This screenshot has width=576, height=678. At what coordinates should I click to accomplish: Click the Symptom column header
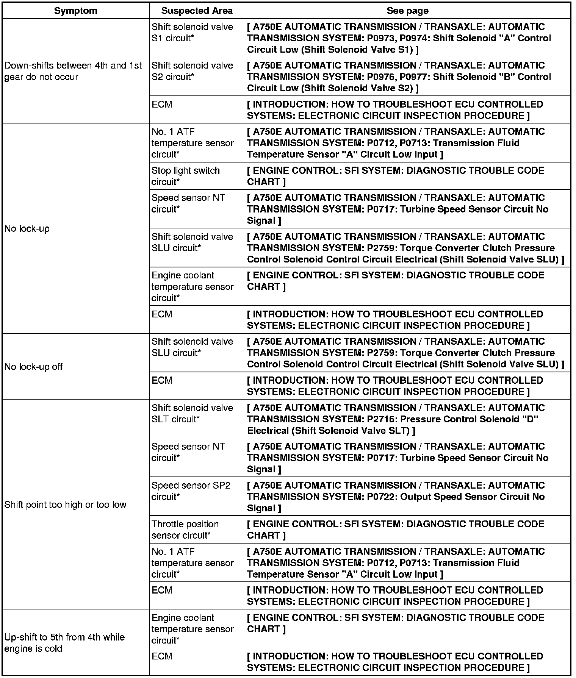pos(75,11)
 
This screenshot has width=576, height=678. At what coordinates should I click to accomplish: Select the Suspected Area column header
pos(197,11)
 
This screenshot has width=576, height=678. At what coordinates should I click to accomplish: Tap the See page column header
pos(407,11)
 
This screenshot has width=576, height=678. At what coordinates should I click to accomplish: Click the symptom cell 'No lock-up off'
pos(34,366)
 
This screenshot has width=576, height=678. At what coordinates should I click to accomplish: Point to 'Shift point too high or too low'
pos(65,504)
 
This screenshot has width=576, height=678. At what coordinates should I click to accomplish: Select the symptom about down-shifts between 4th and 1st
pos(73,71)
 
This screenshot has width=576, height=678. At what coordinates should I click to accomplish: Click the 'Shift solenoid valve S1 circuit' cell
pos(192,33)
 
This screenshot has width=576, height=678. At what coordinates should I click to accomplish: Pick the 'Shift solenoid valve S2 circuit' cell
pos(192,71)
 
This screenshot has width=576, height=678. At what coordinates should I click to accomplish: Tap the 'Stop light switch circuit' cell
pos(186,176)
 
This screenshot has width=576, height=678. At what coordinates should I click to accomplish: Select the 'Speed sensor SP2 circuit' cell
pos(191,491)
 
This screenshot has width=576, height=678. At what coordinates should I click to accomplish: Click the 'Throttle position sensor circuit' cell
pos(185,529)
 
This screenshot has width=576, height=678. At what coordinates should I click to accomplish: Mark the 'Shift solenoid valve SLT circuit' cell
pos(192,413)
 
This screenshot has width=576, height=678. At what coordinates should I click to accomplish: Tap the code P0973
pos(380,38)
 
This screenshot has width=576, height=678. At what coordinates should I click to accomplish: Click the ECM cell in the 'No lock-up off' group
pos(162,380)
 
